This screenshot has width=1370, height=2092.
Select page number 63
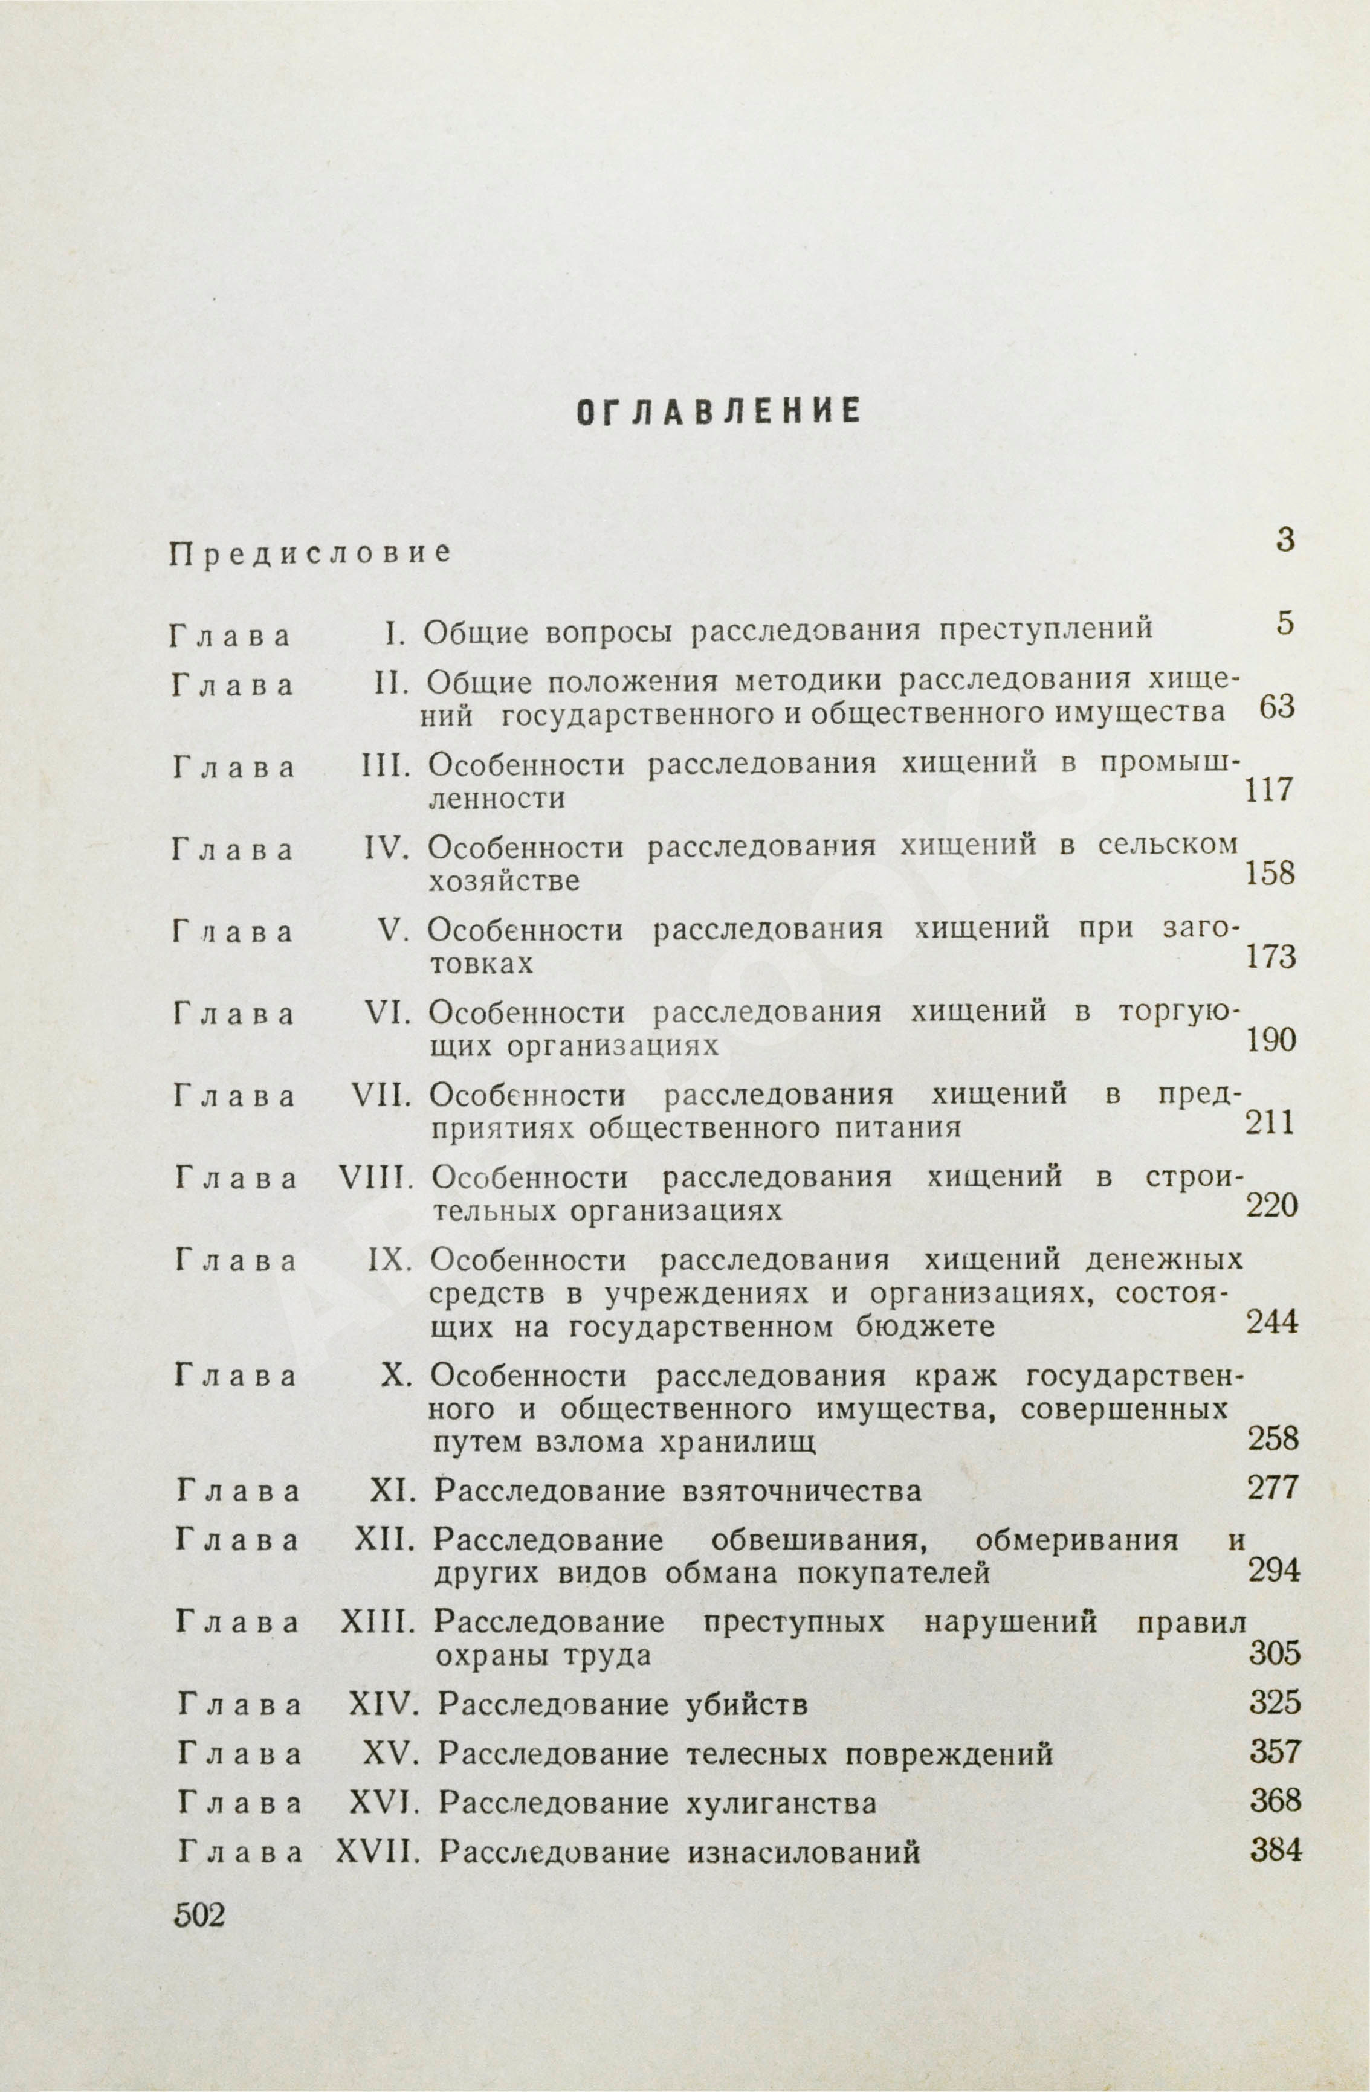1278,707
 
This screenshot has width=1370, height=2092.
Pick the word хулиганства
781,1804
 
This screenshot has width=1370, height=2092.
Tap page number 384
1275,1850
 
